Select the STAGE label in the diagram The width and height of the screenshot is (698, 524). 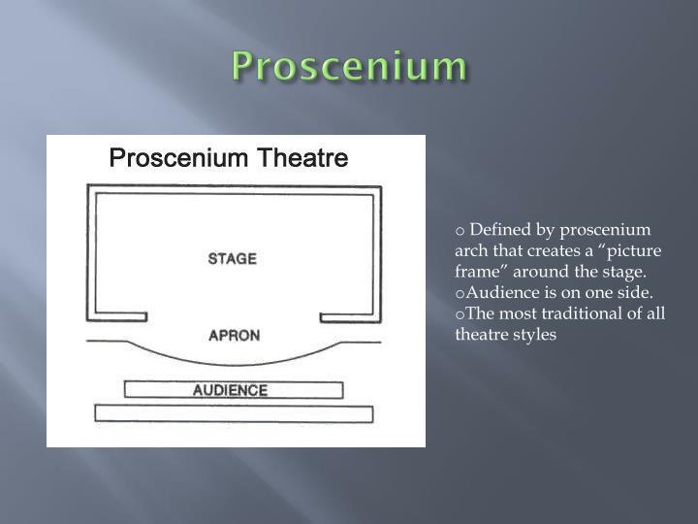tap(233, 259)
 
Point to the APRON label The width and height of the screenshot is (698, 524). tap(234, 337)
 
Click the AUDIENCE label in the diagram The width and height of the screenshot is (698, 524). tap(231, 390)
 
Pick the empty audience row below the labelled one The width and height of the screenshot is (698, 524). tap(233, 414)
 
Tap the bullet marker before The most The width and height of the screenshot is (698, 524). tap(460, 314)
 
